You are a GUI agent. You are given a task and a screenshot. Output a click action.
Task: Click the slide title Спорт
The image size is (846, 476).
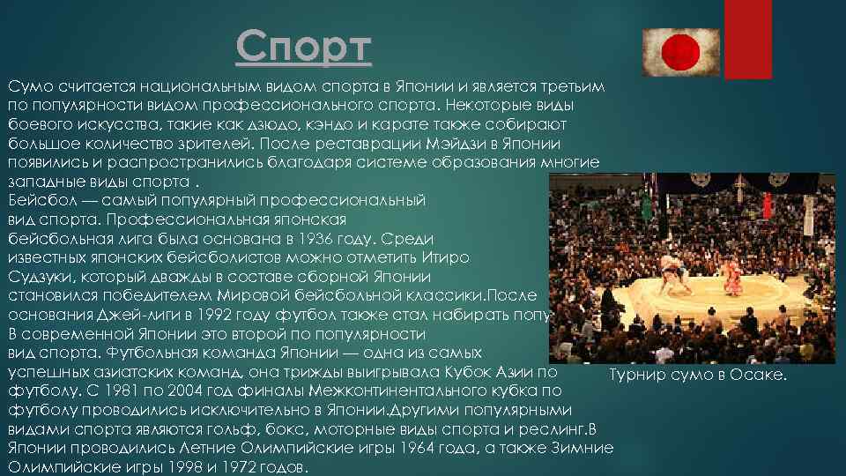tap(304, 48)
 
